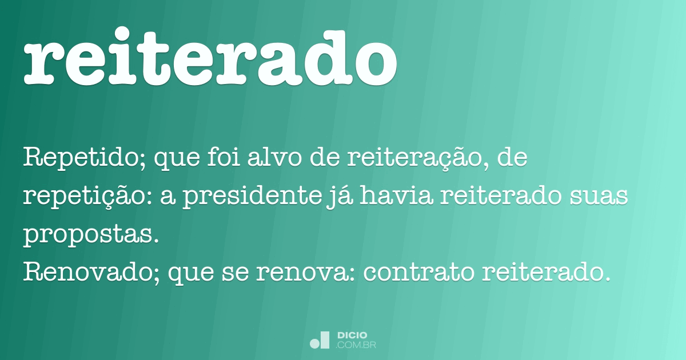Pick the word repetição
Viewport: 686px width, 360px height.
[83, 197]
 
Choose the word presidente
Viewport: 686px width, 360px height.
[240, 197]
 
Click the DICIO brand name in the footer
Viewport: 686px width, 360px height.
[352, 335]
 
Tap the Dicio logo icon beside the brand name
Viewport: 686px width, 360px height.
[320, 340]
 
